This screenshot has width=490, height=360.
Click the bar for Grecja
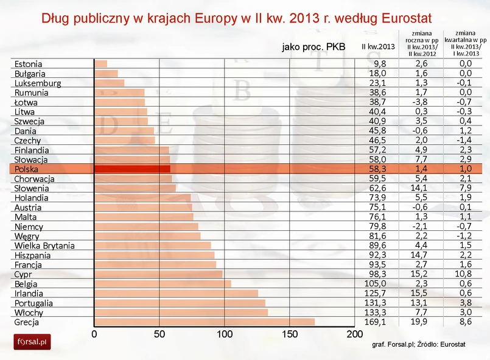tap(205, 322)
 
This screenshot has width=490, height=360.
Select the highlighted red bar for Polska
tap(132, 169)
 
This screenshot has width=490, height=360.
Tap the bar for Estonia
tap(100, 63)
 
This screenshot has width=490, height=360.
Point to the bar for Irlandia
tap(176, 293)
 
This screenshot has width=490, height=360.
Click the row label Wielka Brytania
tap(44, 245)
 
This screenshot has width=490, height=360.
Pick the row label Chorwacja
tap(35, 178)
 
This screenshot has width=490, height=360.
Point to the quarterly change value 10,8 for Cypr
tap(466, 274)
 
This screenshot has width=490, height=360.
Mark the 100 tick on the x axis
tap(224, 334)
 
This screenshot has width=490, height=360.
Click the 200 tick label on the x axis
tap(354, 334)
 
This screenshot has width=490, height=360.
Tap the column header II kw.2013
tap(378, 46)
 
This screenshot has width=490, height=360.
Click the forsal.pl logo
tap(32, 342)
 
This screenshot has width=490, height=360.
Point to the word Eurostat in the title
tap(416, 18)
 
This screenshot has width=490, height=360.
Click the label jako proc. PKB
tap(313, 46)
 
